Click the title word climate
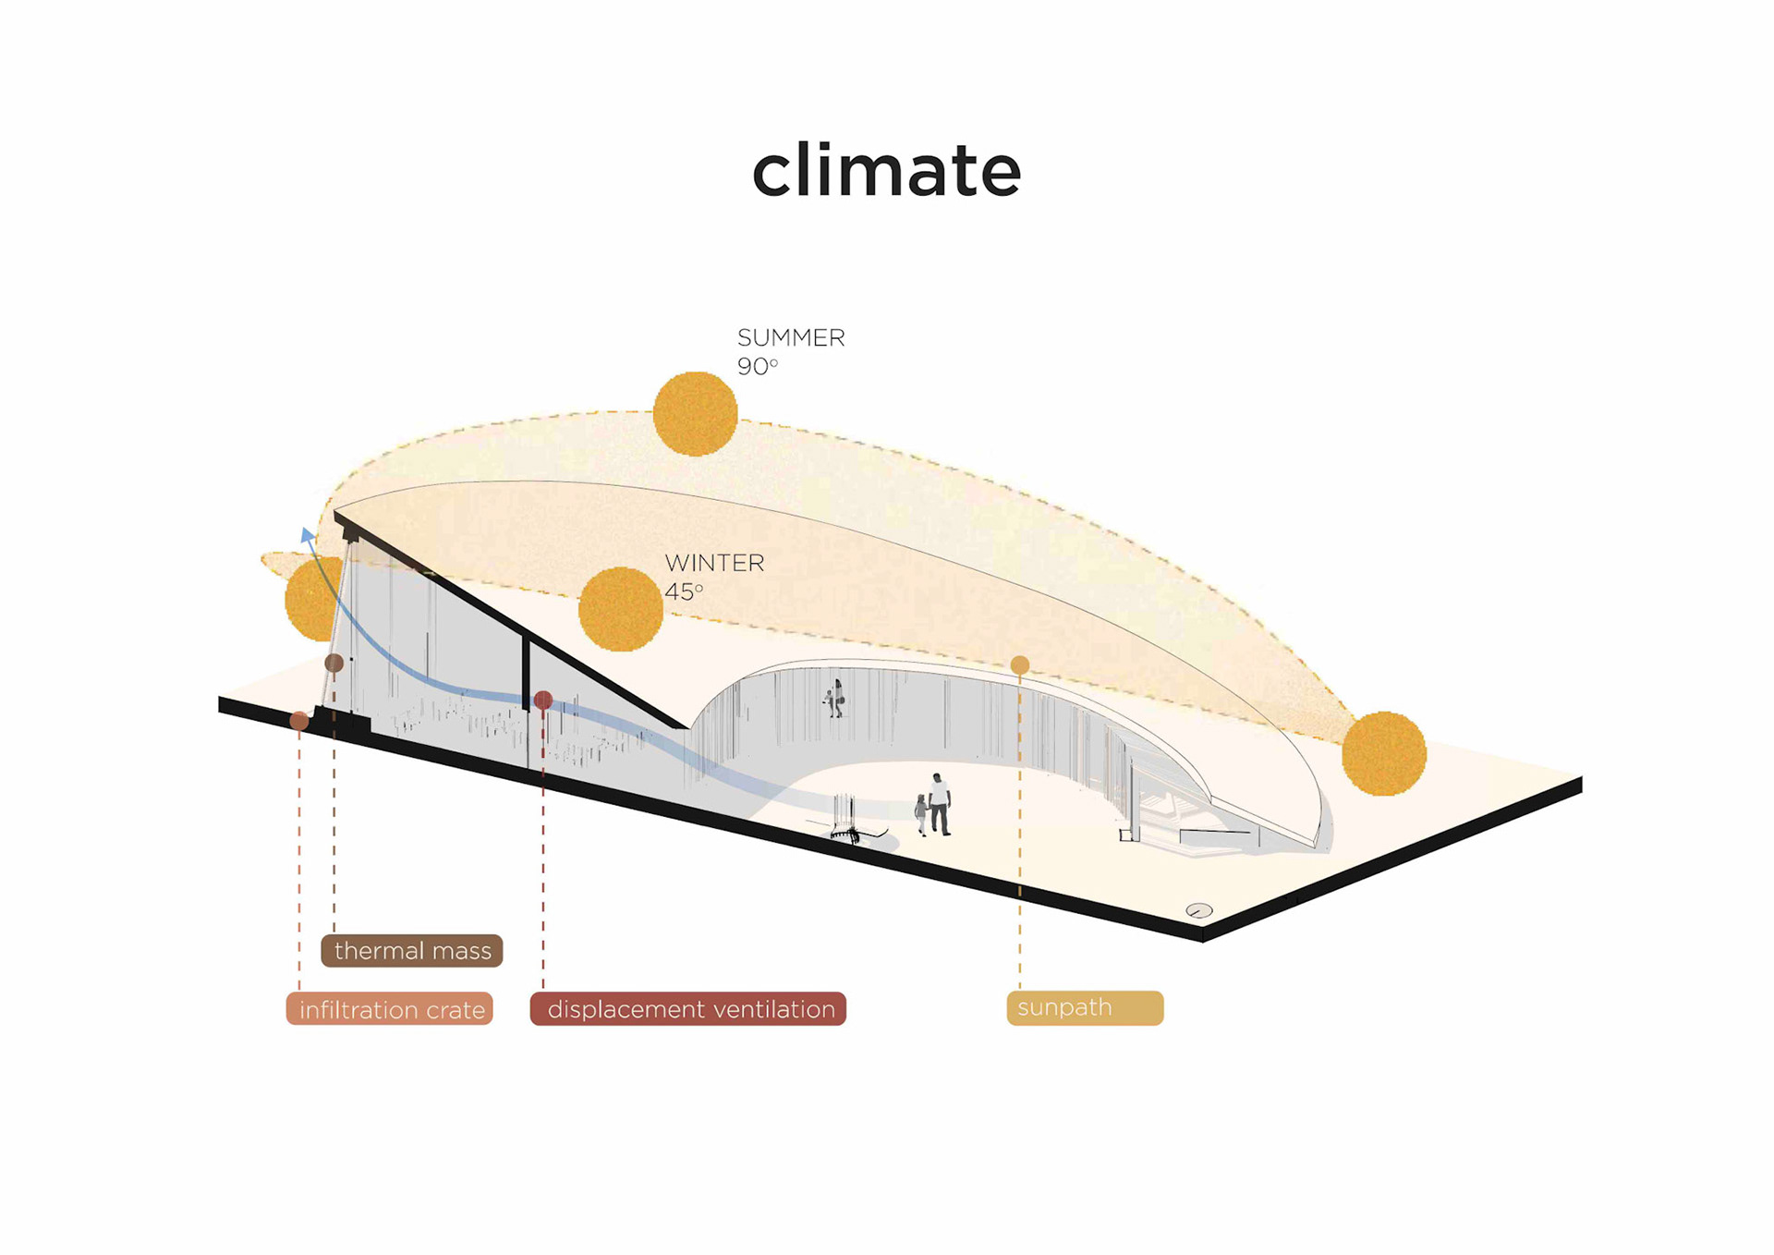coord(886,170)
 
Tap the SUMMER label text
coord(791,338)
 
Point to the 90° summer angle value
coord(757,367)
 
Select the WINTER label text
coord(714,563)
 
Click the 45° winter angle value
coord(684,591)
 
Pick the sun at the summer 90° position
coord(695,413)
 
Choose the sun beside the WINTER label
coord(620,609)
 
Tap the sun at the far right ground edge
coord(1383,753)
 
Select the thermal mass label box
coord(412,951)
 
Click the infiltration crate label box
coord(390,1009)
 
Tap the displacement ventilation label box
coord(688,1009)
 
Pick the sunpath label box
coord(1085,1008)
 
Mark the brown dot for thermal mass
coord(334,663)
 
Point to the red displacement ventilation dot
coord(543,701)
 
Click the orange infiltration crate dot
coord(299,720)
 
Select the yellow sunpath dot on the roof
coord(1020,664)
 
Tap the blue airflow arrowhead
coord(308,534)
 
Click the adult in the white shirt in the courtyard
coord(939,803)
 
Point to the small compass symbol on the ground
coord(1198,910)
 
